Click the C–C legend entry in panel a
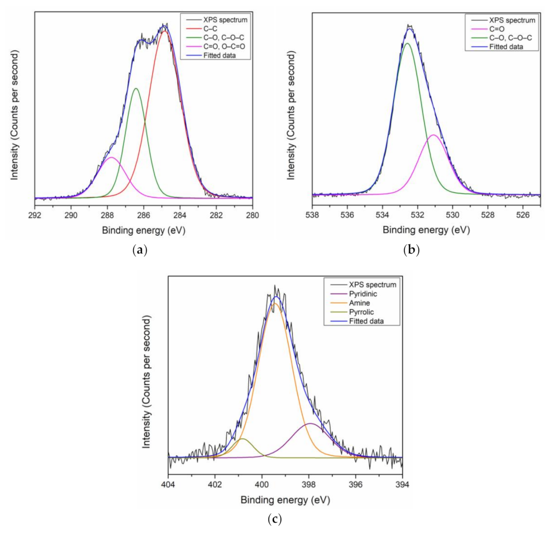pos(210,29)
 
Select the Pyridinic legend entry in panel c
pos(363,294)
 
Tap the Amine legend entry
pos(359,303)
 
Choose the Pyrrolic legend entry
pos(361,312)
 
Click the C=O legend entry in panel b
pos(497,29)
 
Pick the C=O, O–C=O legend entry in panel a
pos(224,46)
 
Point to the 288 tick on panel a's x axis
pos(107,215)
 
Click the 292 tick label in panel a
pos(35,215)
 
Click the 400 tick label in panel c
pos(262,484)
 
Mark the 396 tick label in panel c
pos(356,484)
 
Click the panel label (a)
pos(139,250)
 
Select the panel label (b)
pos(411,250)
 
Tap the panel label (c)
pos(274,519)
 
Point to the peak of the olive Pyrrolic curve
pos(242,438)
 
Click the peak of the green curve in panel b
pos(408,43)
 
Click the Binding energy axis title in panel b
pos(426,230)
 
